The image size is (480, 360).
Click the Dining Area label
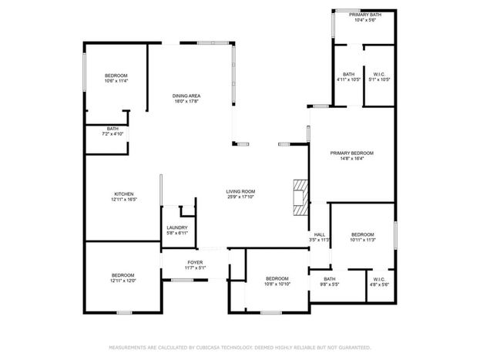point(186,96)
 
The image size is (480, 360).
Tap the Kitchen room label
point(124,194)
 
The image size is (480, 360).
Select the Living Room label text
point(240,191)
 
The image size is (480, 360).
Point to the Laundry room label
point(177,227)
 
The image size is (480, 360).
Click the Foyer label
point(195,262)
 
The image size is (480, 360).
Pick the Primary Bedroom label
point(352,153)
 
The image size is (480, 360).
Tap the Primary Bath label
point(365,15)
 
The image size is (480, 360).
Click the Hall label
point(319,234)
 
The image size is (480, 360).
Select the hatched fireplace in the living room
point(300,197)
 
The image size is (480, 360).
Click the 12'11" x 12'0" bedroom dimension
point(123,281)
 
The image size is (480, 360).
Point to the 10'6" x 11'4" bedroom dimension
point(116,81)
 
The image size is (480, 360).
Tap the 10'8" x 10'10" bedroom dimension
point(277,284)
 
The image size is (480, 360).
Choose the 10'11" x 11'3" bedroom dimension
point(363,240)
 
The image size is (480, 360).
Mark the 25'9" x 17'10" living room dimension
point(240,197)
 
